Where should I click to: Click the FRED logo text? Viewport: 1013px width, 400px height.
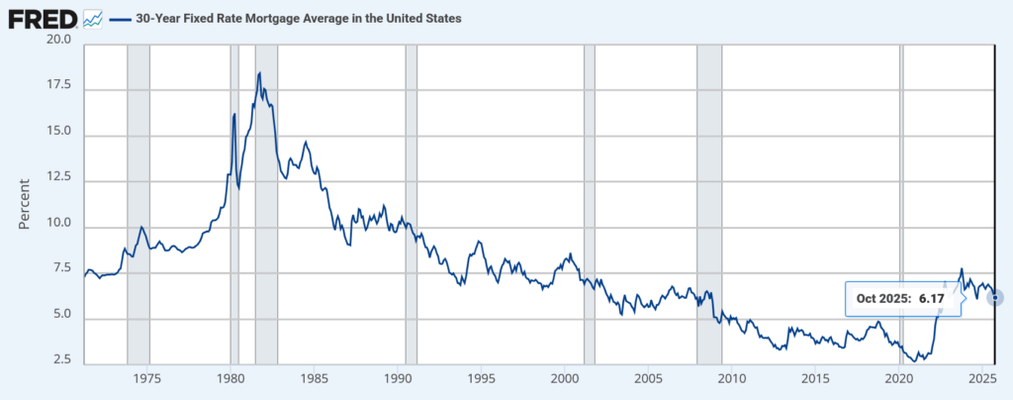[42, 18]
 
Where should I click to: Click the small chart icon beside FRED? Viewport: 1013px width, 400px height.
[93, 18]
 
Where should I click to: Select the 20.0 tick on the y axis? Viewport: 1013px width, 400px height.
[58, 41]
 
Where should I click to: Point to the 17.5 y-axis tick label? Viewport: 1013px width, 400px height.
[58, 86]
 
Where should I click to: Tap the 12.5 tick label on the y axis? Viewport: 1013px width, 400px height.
[58, 176]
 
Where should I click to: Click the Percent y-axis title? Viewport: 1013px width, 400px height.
[27, 203]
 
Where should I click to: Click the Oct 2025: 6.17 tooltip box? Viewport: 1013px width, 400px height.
[902, 298]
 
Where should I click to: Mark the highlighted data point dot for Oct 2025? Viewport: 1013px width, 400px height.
[995, 298]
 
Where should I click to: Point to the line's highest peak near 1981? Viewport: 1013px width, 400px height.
[259, 73]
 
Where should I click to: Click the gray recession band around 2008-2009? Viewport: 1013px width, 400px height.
[709, 198]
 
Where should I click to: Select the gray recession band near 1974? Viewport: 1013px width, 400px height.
[138, 198]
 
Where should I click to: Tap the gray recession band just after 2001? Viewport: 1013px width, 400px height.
[590, 198]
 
